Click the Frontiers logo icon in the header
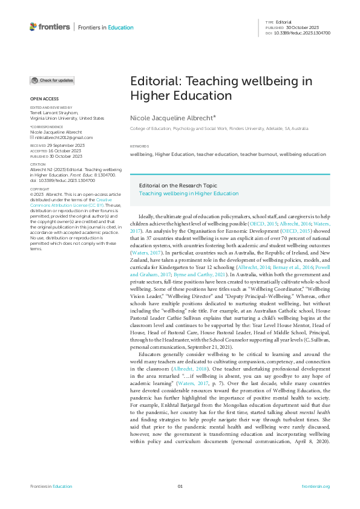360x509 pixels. (33, 27)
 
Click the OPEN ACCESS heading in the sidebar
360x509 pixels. (44, 99)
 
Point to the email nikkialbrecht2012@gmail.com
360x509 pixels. (60, 137)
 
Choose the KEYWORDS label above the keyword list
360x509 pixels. (140, 147)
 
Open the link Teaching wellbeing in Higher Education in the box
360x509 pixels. (189, 193)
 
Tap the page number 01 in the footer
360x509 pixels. (180, 487)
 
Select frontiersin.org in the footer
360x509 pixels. (315, 487)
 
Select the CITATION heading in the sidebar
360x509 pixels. (38, 164)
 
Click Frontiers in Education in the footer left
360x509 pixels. (51, 487)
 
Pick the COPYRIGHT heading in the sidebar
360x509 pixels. (39, 189)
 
